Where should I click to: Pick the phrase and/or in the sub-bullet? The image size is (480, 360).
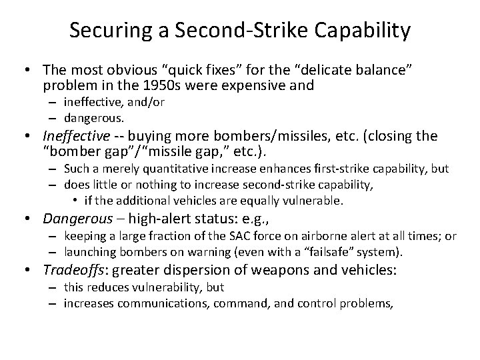coord(149,102)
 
